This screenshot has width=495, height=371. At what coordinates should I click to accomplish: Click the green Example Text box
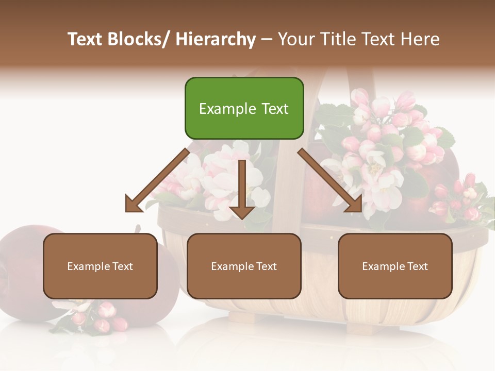244,108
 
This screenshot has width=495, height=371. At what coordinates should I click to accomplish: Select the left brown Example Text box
100,266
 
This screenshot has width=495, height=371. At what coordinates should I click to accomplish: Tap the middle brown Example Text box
244,266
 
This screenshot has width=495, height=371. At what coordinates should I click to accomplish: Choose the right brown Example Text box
395,266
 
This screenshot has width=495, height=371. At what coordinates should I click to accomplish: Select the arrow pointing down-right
330,180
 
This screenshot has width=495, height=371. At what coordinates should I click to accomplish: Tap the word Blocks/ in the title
138,39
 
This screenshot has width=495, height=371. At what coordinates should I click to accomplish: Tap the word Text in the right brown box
417,266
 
